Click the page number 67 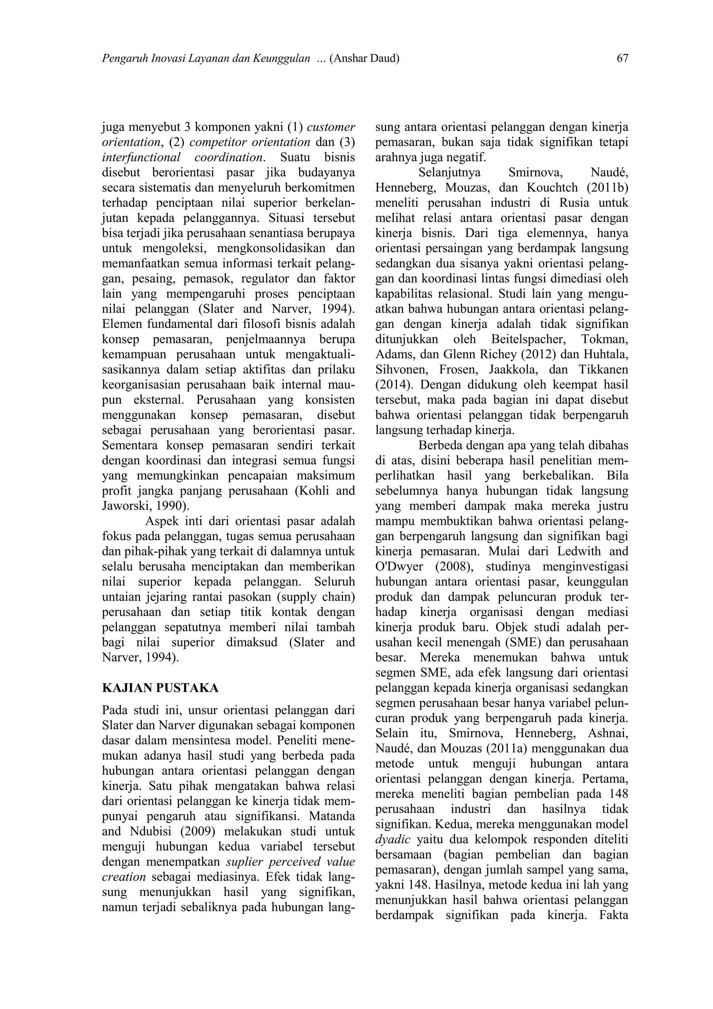pyautogui.click(x=622, y=58)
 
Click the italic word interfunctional pyautogui.click(x=141, y=157)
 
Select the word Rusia pyautogui.click(x=575, y=203)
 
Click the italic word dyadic pyautogui.click(x=393, y=839)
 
